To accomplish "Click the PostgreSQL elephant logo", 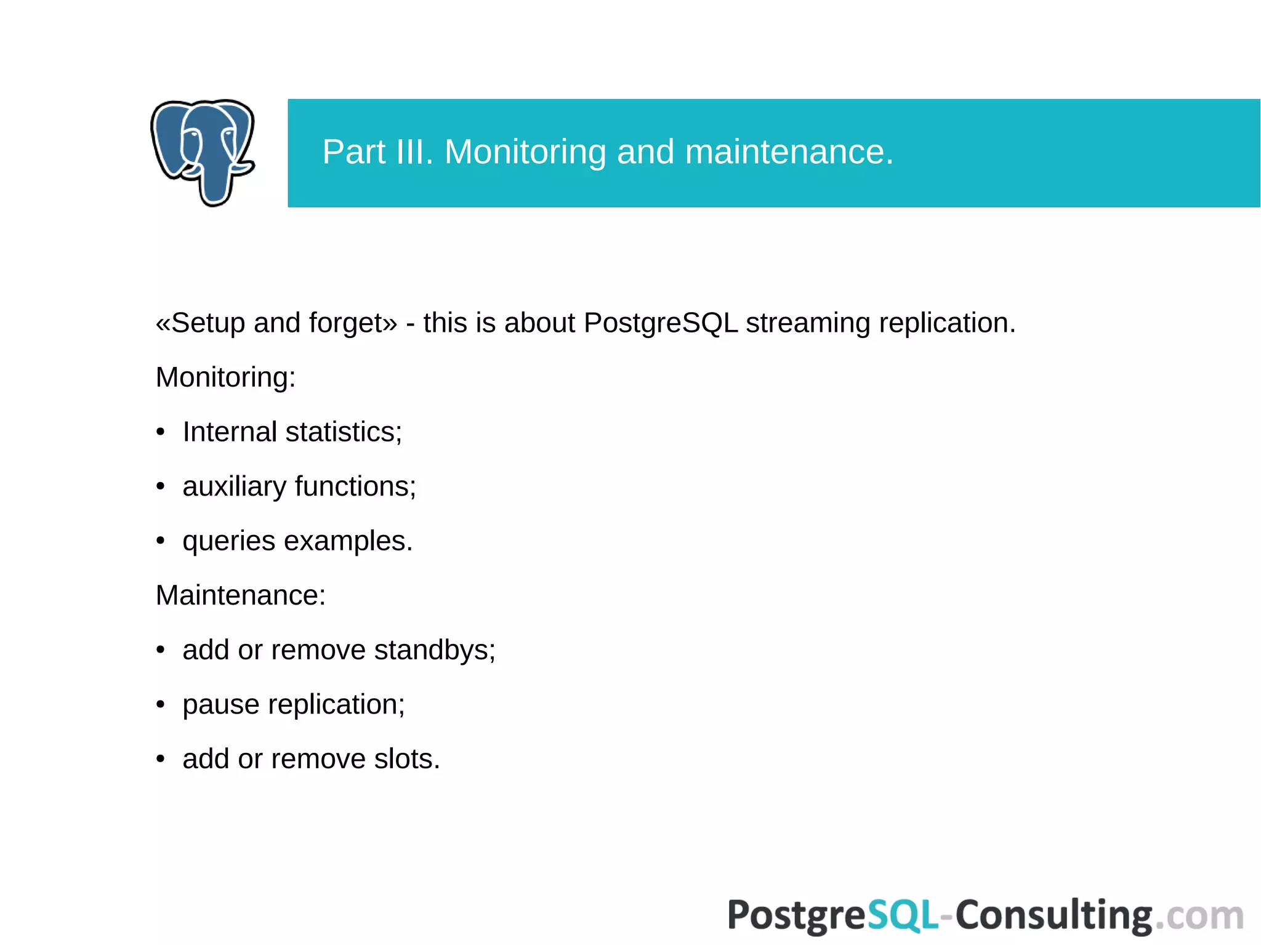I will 203,152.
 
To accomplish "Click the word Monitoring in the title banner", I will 525,152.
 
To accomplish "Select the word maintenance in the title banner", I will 788,152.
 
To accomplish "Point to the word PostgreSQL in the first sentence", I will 660,323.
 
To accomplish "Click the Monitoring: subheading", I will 225,377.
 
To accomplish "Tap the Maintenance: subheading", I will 240,595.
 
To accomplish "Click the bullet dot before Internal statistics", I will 161,432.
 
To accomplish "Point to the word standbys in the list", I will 434,650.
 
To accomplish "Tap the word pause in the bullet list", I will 220,705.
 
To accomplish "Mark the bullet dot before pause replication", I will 161,705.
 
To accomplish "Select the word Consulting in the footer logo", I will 1054,915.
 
